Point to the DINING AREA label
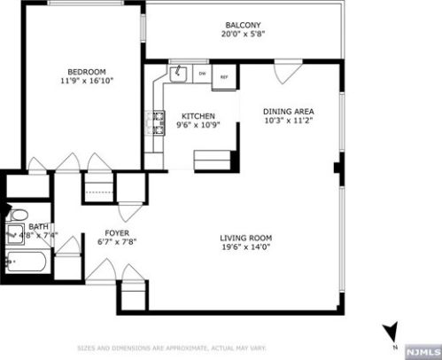[x=288, y=112]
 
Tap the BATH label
[x=37, y=227]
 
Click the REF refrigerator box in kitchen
[x=224, y=74]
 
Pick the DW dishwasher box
[x=202, y=74]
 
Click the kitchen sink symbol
[x=177, y=71]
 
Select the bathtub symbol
[x=27, y=262]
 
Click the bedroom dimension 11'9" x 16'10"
[x=87, y=81]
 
